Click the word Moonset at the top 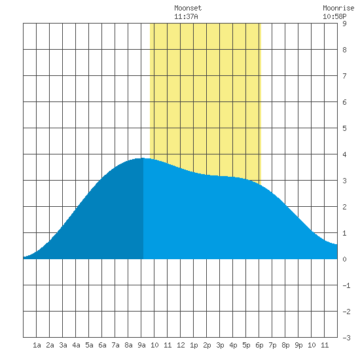point(188,8)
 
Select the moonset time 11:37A point(186,16)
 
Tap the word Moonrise point(338,8)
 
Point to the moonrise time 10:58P point(334,16)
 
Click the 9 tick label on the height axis point(344,24)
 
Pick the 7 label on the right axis point(344,76)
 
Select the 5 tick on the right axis point(344,128)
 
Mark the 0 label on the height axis point(344,259)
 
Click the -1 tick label point(346,285)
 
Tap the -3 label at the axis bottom point(346,338)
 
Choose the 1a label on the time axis point(37,345)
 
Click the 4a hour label point(76,345)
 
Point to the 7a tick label point(115,345)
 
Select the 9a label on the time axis point(141,345)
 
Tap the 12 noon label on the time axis point(181,345)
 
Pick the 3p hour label point(220,345)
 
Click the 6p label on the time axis point(259,345)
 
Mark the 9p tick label point(298,345)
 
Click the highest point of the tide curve point(142,158)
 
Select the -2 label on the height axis point(346,312)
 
